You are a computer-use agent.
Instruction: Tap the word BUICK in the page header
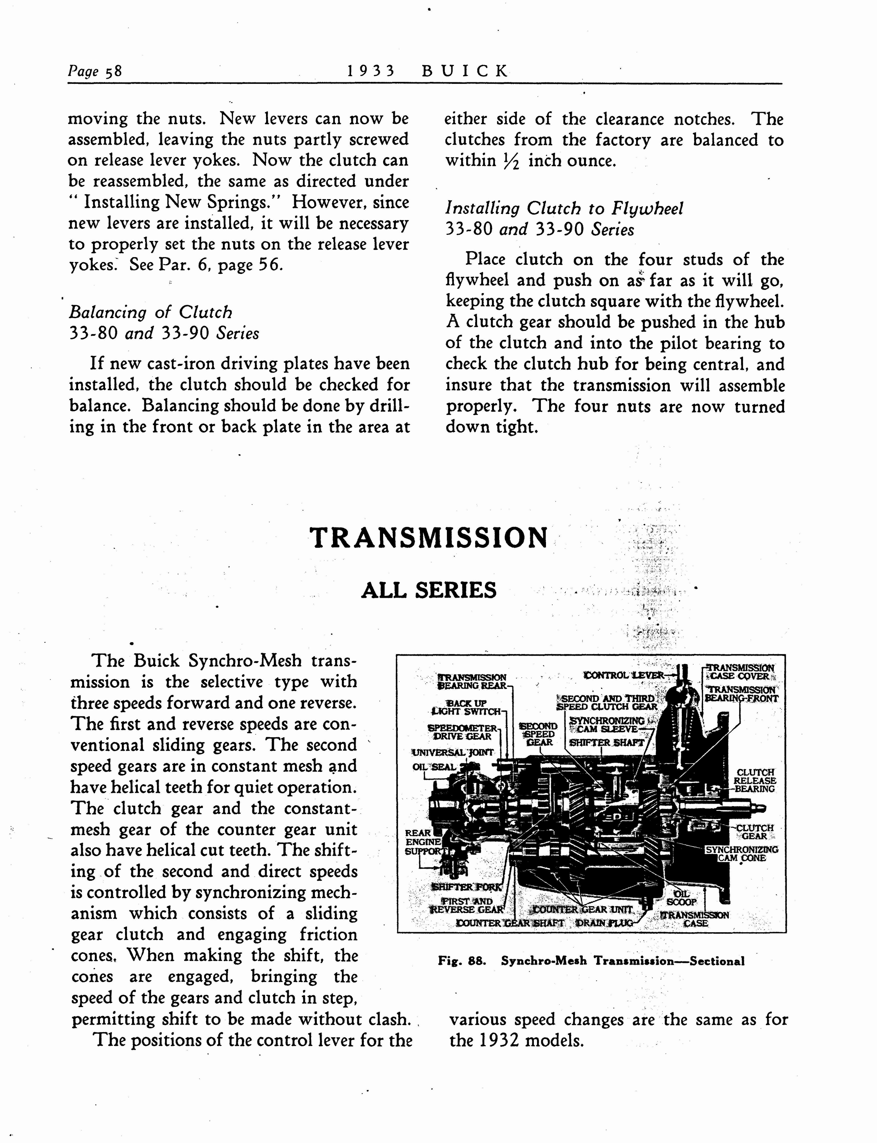tap(464, 70)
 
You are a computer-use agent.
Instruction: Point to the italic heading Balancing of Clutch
tap(150, 312)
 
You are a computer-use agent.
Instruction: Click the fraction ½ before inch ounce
tap(512, 161)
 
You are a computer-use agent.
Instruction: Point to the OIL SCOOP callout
tap(682, 898)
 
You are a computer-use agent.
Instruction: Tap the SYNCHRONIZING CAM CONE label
tap(741, 854)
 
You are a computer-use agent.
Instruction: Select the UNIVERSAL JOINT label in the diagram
tap(453, 752)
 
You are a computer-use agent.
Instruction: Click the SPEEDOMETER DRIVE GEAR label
tap(463, 732)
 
